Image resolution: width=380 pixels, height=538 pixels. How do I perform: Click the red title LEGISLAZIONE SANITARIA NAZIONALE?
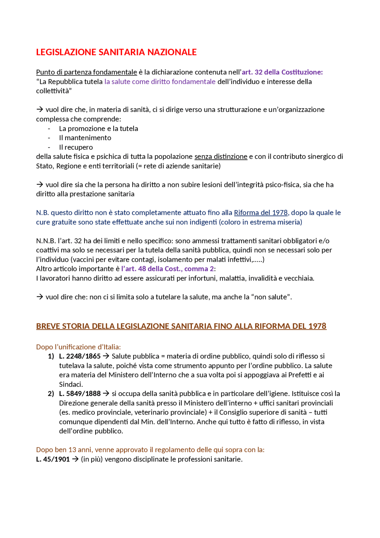[x=116, y=52]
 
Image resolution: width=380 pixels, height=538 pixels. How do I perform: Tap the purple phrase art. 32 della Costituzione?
[x=282, y=72]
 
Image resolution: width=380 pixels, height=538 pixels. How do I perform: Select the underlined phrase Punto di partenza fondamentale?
[x=86, y=72]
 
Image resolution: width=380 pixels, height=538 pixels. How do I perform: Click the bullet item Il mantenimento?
[x=85, y=138]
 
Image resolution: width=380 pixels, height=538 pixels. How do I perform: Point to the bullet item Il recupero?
[x=76, y=147]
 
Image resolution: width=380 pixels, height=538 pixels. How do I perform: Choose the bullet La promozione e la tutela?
[x=98, y=129]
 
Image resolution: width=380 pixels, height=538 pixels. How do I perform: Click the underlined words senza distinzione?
[x=221, y=157]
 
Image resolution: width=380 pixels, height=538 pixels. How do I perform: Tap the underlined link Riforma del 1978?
[x=261, y=213]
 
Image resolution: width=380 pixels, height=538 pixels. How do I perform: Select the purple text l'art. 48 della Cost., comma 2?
[x=167, y=269]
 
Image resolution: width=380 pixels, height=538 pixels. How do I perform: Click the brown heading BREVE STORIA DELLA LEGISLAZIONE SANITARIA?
[x=181, y=326]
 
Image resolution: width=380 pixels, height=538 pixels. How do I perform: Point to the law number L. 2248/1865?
[x=80, y=356]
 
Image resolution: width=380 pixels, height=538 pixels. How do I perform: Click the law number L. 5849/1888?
[x=80, y=394]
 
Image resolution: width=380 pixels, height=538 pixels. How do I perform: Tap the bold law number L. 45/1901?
[x=53, y=459]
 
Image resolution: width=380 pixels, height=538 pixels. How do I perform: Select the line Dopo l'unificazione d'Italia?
[x=78, y=347]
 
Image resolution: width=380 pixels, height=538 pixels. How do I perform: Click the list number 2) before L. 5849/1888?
[x=51, y=394]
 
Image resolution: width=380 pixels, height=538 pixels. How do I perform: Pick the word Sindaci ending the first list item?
[x=71, y=384]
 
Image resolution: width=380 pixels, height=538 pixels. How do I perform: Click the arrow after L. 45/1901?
[x=75, y=459]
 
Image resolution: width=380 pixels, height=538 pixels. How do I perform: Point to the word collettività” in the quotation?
[x=54, y=91]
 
